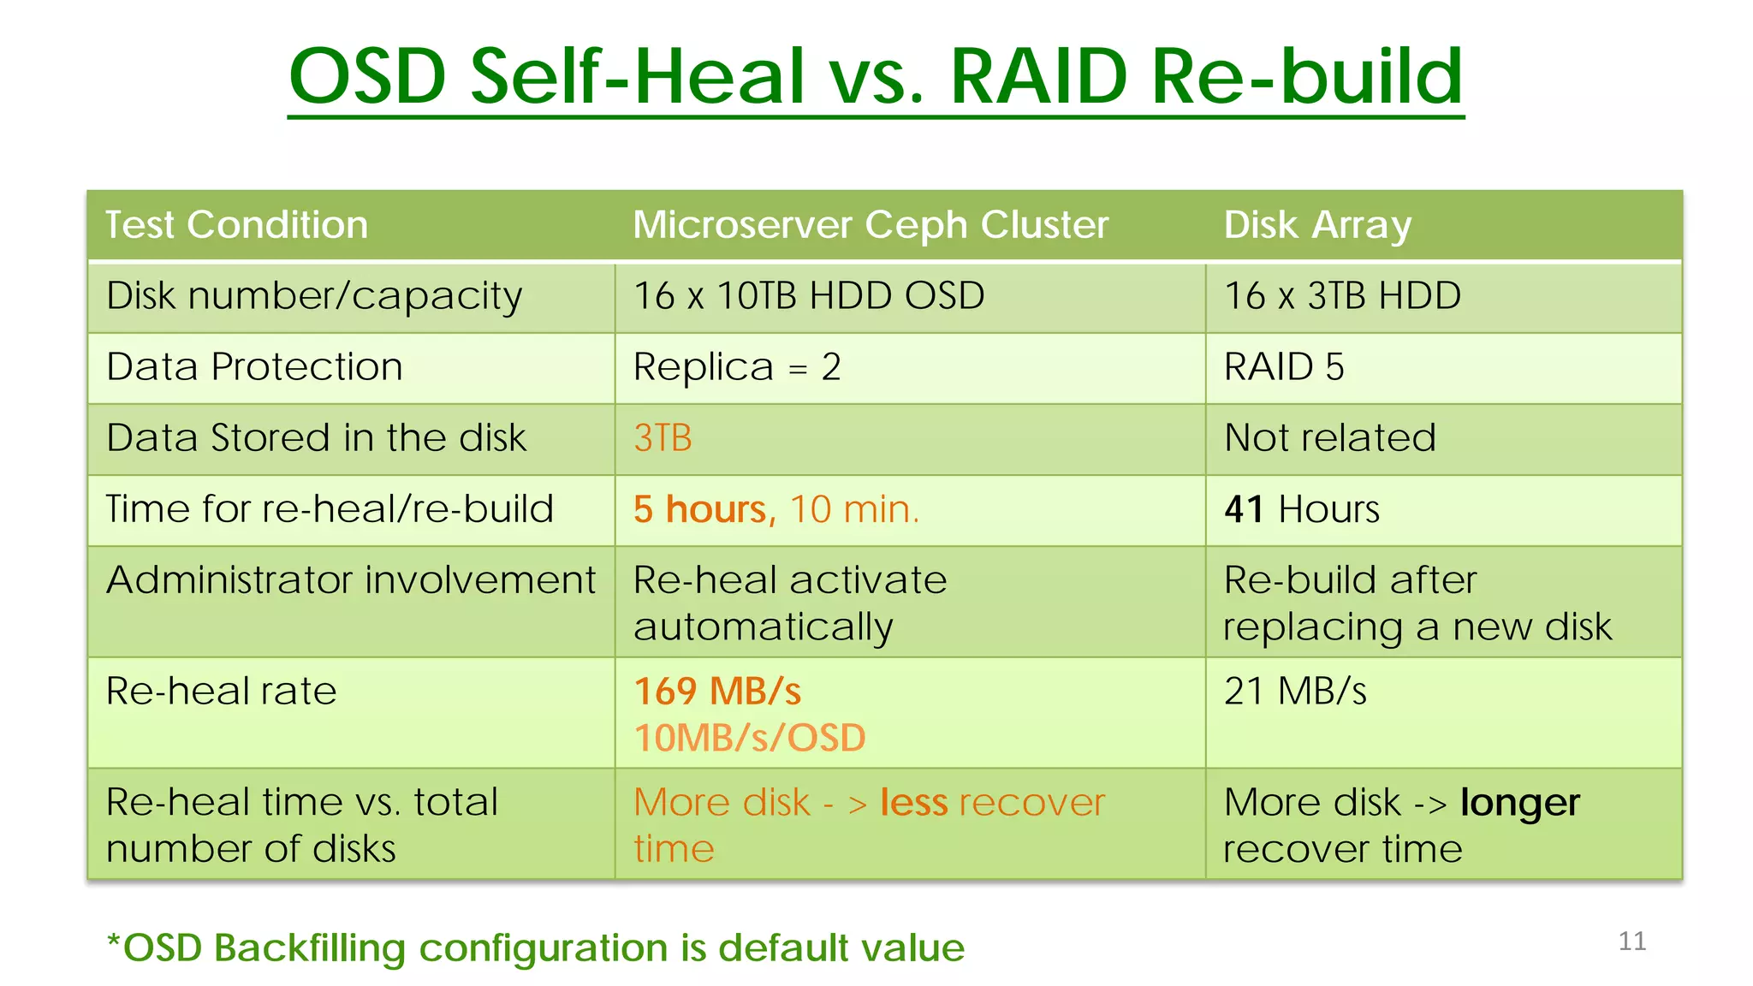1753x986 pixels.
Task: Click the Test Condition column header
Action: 236,225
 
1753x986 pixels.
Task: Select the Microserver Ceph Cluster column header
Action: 871,225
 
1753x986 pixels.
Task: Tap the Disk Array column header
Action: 1316,225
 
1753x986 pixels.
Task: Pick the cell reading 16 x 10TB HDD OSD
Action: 809,296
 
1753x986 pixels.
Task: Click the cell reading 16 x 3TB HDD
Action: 1342,296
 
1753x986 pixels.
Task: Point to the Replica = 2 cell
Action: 737,367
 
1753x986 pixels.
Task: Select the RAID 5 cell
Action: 1284,367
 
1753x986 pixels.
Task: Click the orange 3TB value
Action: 663,438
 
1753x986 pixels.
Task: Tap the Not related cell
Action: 1330,438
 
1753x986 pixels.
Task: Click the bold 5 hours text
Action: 704,509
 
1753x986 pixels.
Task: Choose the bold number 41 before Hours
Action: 1244,509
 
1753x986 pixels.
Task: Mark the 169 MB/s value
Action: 717,692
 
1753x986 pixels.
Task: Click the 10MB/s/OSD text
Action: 750,738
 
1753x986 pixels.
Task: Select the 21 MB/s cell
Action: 1295,692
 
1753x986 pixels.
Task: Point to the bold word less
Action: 913,803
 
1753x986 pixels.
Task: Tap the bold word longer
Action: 1519,803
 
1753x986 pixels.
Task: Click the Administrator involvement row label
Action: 351,580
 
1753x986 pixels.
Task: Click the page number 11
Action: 1631,941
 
